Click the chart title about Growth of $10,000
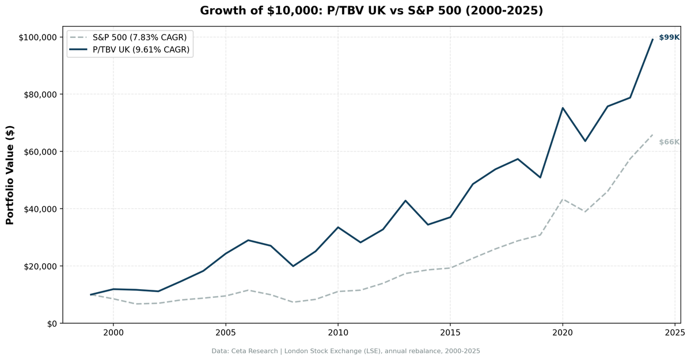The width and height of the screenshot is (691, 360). [x=371, y=11]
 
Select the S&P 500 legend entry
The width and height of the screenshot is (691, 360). [x=139, y=37]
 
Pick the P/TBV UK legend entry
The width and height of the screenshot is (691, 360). [x=141, y=50]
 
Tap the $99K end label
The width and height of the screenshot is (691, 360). [x=669, y=37]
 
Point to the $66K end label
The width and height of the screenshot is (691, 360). [x=669, y=142]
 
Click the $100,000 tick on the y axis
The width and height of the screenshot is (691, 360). [x=37, y=37]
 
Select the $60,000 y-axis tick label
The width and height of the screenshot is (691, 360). [x=40, y=151]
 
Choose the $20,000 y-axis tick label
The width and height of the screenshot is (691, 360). [x=40, y=266]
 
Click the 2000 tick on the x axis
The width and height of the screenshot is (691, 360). [x=113, y=333]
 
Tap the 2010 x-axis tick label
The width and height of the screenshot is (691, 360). [x=337, y=333]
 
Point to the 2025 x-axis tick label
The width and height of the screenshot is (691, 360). [x=674, y=333]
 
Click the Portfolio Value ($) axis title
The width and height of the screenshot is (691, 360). [x=10, y=176]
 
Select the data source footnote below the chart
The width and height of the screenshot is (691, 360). [x=345, y=351]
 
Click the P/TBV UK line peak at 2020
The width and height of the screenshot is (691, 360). [x=563, y=108]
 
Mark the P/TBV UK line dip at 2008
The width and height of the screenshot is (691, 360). [x=293, y=266]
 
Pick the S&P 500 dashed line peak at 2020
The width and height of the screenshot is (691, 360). [x=563, y=199]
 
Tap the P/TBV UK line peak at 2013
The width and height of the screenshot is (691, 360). [x=405, y=200]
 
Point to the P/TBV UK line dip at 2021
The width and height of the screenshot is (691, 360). [x=585, y=141]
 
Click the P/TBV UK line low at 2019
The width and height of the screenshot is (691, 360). [x=540, y=177]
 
